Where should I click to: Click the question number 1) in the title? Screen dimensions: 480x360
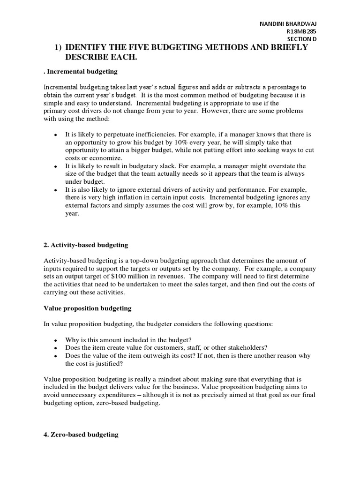click(x=58, y=47)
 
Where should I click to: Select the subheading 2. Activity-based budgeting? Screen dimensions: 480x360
click(x=85, y=245)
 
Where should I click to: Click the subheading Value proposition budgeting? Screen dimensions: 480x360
click(x=87, y=308)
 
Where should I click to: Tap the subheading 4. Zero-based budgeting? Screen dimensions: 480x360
click(x=81, y=435)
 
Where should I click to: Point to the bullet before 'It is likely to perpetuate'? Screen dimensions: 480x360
click(x=56, y=135)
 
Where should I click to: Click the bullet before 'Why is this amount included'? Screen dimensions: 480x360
click(x=56, y=340)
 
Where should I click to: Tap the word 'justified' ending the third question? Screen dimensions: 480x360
click(x=109, y=363)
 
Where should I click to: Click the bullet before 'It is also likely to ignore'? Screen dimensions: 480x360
click(x=56, y=190)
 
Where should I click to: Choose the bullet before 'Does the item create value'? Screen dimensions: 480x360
click(x=56, y=348)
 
